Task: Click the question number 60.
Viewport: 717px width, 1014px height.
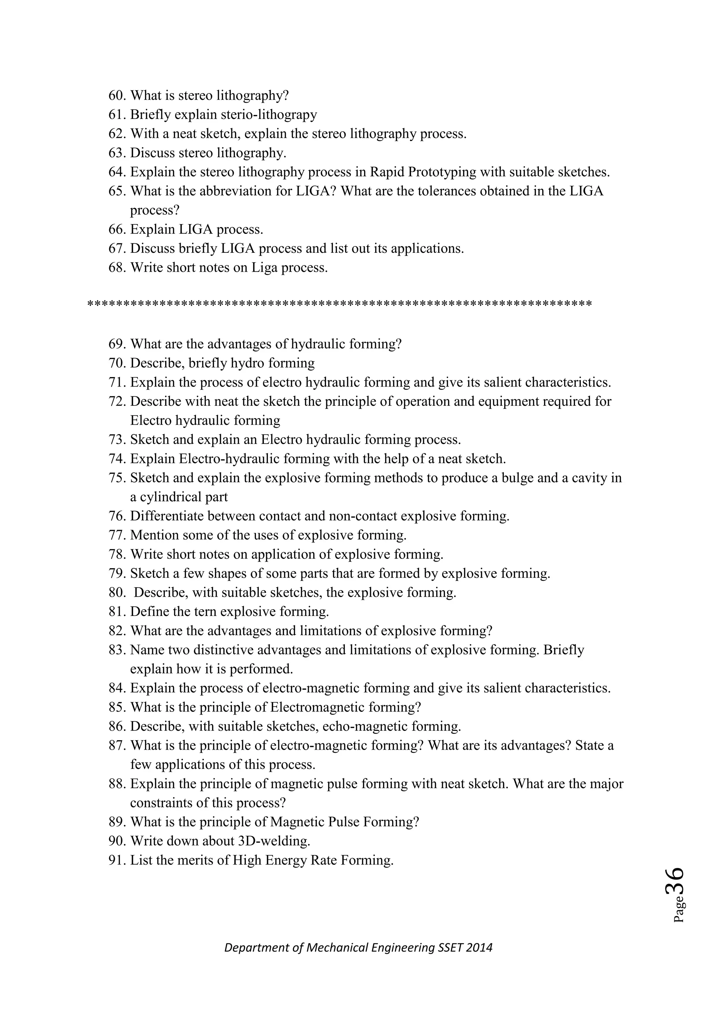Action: (x=117, y=95)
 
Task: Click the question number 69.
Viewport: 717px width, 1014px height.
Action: (x=117, y=344)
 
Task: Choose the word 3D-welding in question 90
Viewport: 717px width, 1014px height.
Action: (x=274, y=841)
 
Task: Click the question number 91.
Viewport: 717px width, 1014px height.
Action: (x=117, y=860)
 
